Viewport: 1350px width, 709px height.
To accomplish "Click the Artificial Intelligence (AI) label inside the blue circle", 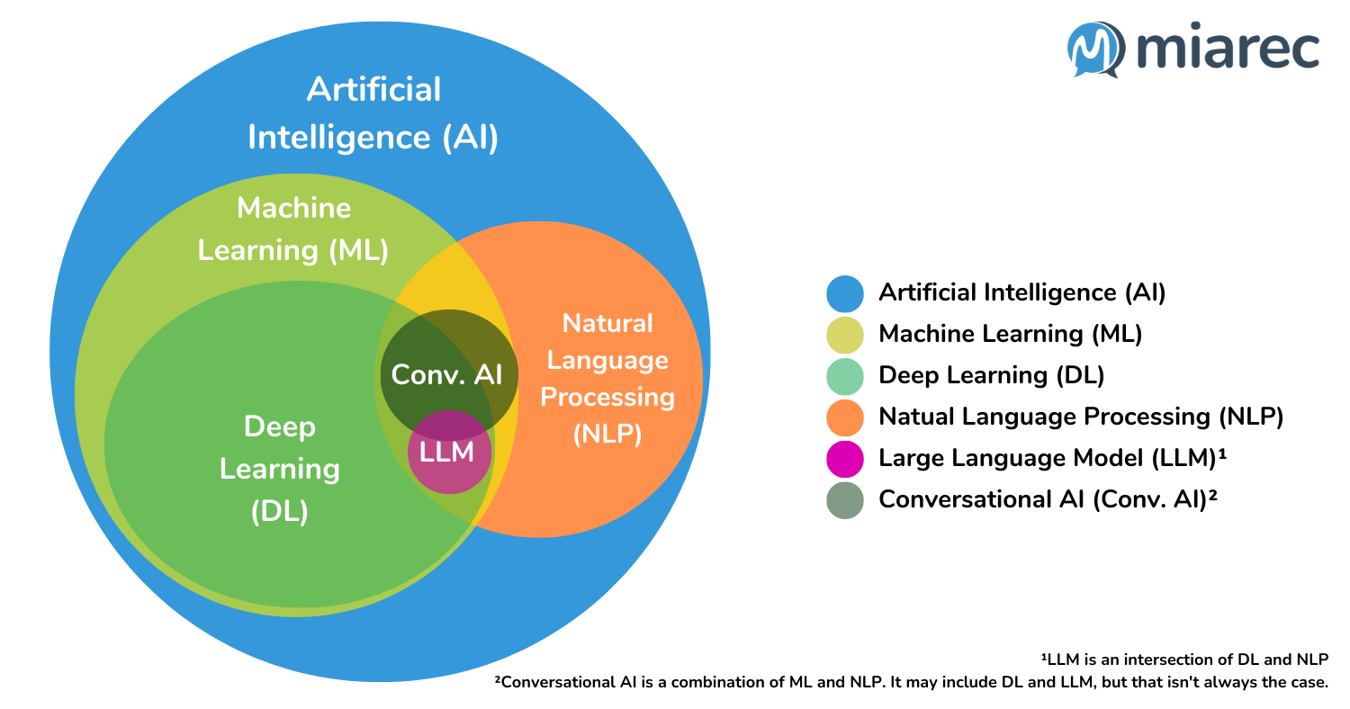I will click(373, 113).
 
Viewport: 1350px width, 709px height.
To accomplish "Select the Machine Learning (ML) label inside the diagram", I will click(293, 229).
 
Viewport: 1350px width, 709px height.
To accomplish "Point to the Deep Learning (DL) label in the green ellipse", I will click(280, 469).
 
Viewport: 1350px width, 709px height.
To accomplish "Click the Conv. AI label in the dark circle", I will click(447, 374).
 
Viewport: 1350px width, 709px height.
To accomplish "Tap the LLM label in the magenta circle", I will click(447, 452).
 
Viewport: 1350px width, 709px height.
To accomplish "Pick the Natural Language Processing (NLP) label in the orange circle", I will click(607, 378).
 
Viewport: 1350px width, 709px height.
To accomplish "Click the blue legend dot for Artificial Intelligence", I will click(844, 292).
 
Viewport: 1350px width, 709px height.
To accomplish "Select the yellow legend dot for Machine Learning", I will click(844, 334).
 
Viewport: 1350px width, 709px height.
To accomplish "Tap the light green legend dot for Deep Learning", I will click(844, 375).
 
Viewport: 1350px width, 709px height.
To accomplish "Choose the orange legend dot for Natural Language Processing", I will click(844, 417).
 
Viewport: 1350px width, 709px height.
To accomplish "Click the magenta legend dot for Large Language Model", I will click(844, 458).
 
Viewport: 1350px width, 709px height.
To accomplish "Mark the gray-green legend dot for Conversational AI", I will click(844, 499).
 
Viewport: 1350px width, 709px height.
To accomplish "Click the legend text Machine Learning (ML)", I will click(1010, 334).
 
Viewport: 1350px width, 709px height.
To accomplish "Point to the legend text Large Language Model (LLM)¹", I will click(1053, 458).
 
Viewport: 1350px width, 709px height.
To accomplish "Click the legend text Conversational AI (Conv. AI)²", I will click(1048, 499).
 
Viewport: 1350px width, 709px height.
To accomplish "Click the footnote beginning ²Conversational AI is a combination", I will click(911, 682).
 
